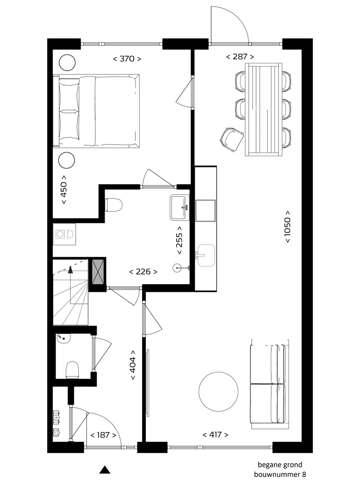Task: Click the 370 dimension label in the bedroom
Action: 127,59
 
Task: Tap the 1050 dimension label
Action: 287,227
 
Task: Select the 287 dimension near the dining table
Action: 240,57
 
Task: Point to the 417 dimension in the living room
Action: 215,434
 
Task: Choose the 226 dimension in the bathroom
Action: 143,272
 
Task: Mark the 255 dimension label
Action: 179,240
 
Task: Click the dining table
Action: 263,110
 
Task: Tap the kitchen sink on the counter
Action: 206,255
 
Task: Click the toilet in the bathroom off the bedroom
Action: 113,205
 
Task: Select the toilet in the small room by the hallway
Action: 72,370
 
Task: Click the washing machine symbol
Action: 64,234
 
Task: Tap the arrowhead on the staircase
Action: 70,270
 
